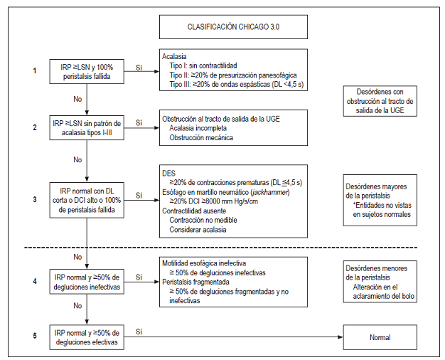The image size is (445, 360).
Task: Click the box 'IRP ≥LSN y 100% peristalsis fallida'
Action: (86, 70)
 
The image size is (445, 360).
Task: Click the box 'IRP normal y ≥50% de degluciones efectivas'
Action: (86, 337)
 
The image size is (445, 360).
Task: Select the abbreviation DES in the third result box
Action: (169, 173)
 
